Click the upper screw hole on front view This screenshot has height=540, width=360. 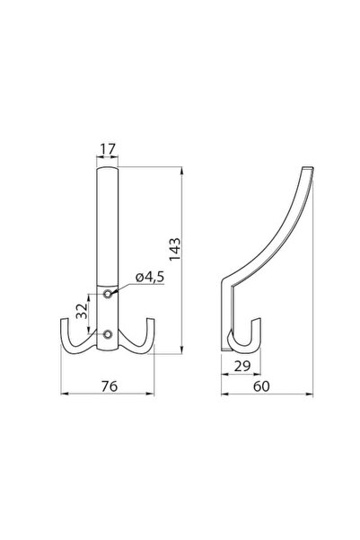(107, 294)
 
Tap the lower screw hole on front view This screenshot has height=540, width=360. (107, 335)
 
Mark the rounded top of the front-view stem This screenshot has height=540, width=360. (107, 169)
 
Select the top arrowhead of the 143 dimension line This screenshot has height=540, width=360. (185, 170)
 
